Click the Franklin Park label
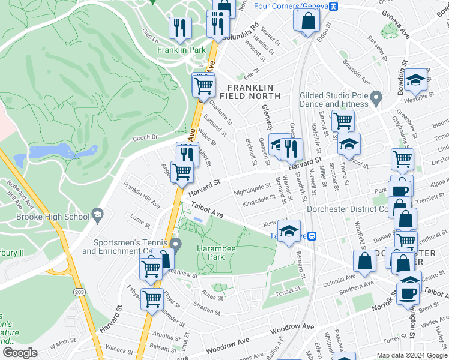pyautogui.click(x=181, y=51)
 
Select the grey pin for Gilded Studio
pyautogui.click(x=376, y=97)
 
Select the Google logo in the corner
pyautogui.click(x=20, y=353)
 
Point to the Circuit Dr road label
pyautogui.click(x=145, y=137)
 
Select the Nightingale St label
pyautogui.click(x=253, y=190)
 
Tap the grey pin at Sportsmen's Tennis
pyautogui.click(x=175, y=244)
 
